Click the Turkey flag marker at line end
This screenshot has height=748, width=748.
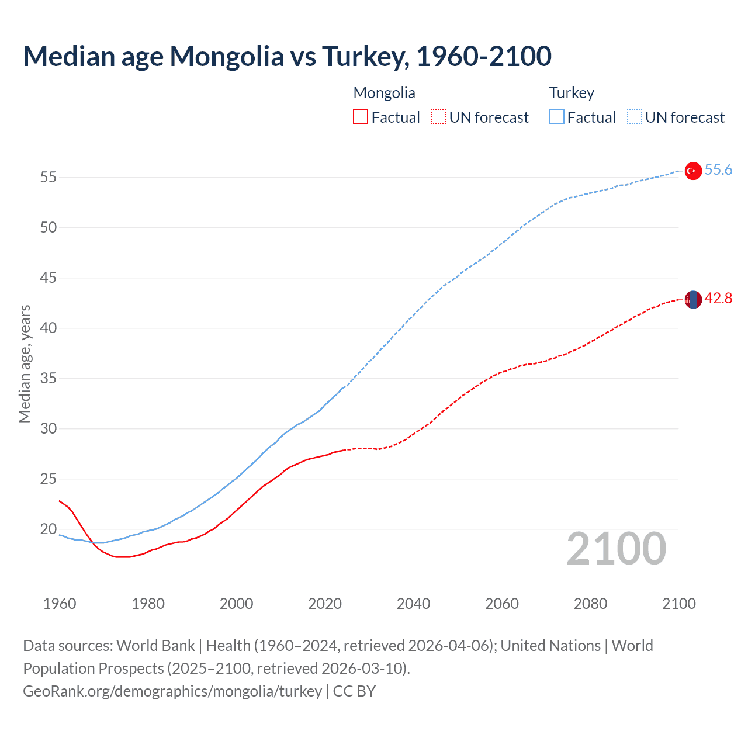coord(692,171)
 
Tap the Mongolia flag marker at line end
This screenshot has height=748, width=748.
coord(692,299)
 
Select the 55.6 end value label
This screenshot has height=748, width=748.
coord(718,170)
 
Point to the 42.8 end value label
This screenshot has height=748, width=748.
coord(718,299)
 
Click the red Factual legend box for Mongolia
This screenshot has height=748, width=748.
coord(361,117)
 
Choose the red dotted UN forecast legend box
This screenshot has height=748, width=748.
coord(438,117)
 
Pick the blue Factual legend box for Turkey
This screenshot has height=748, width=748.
coord(556,117)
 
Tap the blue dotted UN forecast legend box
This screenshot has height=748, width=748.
coord(634,117)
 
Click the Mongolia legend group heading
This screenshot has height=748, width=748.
coord(384,93)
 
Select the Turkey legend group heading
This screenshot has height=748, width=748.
coord(571,93)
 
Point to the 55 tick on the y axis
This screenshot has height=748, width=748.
coord(49,177)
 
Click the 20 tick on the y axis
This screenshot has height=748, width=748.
coord(49,529)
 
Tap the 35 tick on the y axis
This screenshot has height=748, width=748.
coord(49,379)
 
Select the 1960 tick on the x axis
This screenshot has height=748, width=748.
coord(60,604)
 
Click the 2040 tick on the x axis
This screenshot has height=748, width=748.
coord(413,604)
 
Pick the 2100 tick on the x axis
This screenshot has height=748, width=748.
coord(678,604)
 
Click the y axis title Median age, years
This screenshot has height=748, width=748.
coord(25,363)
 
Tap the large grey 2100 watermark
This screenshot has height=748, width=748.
coord(616,549)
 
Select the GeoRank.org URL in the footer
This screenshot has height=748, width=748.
coord(172,691)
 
